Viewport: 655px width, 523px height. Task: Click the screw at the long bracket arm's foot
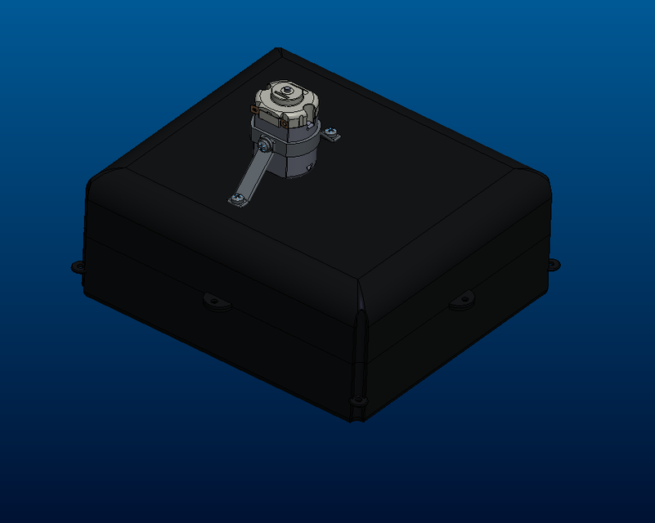point(236,199)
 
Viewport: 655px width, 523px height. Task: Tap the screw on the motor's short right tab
point(330,131)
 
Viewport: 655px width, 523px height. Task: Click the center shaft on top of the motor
point(287,89)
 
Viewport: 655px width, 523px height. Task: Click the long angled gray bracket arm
point(255,172)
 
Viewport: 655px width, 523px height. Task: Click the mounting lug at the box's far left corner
point(79,266)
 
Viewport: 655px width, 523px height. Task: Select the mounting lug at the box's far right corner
point(553,264)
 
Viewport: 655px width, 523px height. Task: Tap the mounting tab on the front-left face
point(218,302)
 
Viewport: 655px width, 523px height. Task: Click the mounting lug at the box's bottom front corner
point(357,400)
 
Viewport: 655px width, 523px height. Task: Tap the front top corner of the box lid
point(360,282)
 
